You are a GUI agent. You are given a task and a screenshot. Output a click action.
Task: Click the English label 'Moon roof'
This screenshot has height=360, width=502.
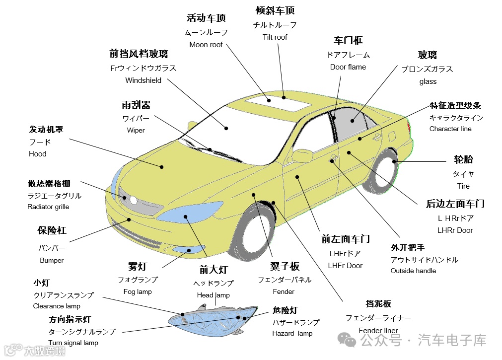pos(206,45)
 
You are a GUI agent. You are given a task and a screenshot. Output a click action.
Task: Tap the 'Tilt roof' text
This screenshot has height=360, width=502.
pos(275,37)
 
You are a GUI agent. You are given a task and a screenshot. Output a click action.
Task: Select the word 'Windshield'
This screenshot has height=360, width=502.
pos(143,80)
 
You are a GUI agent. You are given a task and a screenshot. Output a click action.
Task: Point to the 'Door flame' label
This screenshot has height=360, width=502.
pos(348,67)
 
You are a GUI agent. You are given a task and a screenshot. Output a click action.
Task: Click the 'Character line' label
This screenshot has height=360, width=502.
pos(450,129)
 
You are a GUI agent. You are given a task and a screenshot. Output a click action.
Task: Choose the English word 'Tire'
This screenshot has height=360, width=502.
pos(463,186)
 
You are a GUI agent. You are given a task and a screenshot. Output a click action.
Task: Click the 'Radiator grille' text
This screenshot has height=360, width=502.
pos(48,207)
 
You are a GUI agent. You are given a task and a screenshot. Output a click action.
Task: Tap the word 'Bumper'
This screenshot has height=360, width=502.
pos(52,260)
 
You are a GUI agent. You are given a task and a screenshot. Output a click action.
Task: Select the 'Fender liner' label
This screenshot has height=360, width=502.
pos(378,330)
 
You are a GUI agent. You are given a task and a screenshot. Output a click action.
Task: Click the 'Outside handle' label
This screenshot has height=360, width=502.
pos(413,271)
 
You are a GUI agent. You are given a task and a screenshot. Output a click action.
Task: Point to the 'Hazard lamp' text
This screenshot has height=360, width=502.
pos(292,333)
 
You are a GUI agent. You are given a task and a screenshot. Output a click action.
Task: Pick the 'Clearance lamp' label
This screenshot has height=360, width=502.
pos(57,306)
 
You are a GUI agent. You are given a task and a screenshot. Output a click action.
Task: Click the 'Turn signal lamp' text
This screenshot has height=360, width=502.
pos(73,343)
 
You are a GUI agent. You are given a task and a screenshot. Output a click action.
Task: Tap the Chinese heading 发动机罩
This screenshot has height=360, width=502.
pos(46,130)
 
